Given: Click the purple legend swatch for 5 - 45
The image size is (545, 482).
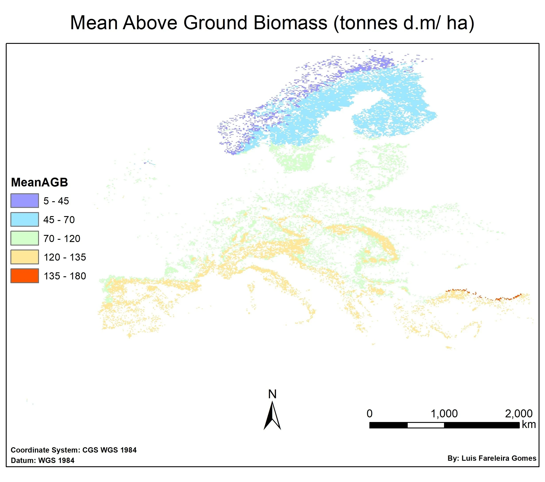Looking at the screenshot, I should [25, 200].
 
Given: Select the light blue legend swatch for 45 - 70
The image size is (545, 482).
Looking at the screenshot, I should [25, 219].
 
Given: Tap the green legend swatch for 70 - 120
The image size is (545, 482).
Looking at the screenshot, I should [25, 238].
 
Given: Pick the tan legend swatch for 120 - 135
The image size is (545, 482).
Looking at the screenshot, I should [25, 257].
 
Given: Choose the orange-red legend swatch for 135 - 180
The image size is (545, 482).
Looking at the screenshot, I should [25, 276].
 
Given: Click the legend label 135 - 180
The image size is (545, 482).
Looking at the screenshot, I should [65, 276].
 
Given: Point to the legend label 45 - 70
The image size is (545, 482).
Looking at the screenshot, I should [59, 220].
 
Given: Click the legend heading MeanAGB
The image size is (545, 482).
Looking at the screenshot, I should [39, 182].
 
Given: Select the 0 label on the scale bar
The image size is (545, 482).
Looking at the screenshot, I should [369, 414].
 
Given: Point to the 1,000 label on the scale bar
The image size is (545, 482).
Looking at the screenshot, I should [444, 414].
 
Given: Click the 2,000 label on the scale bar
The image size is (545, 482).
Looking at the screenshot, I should [519, 414].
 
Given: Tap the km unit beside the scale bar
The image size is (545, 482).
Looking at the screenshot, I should [529, 424].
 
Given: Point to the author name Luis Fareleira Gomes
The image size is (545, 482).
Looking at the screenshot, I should [499, 458].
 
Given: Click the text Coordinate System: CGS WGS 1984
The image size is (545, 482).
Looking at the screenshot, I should [74, 450].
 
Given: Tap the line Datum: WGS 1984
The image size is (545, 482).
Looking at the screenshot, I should [43, 460].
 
